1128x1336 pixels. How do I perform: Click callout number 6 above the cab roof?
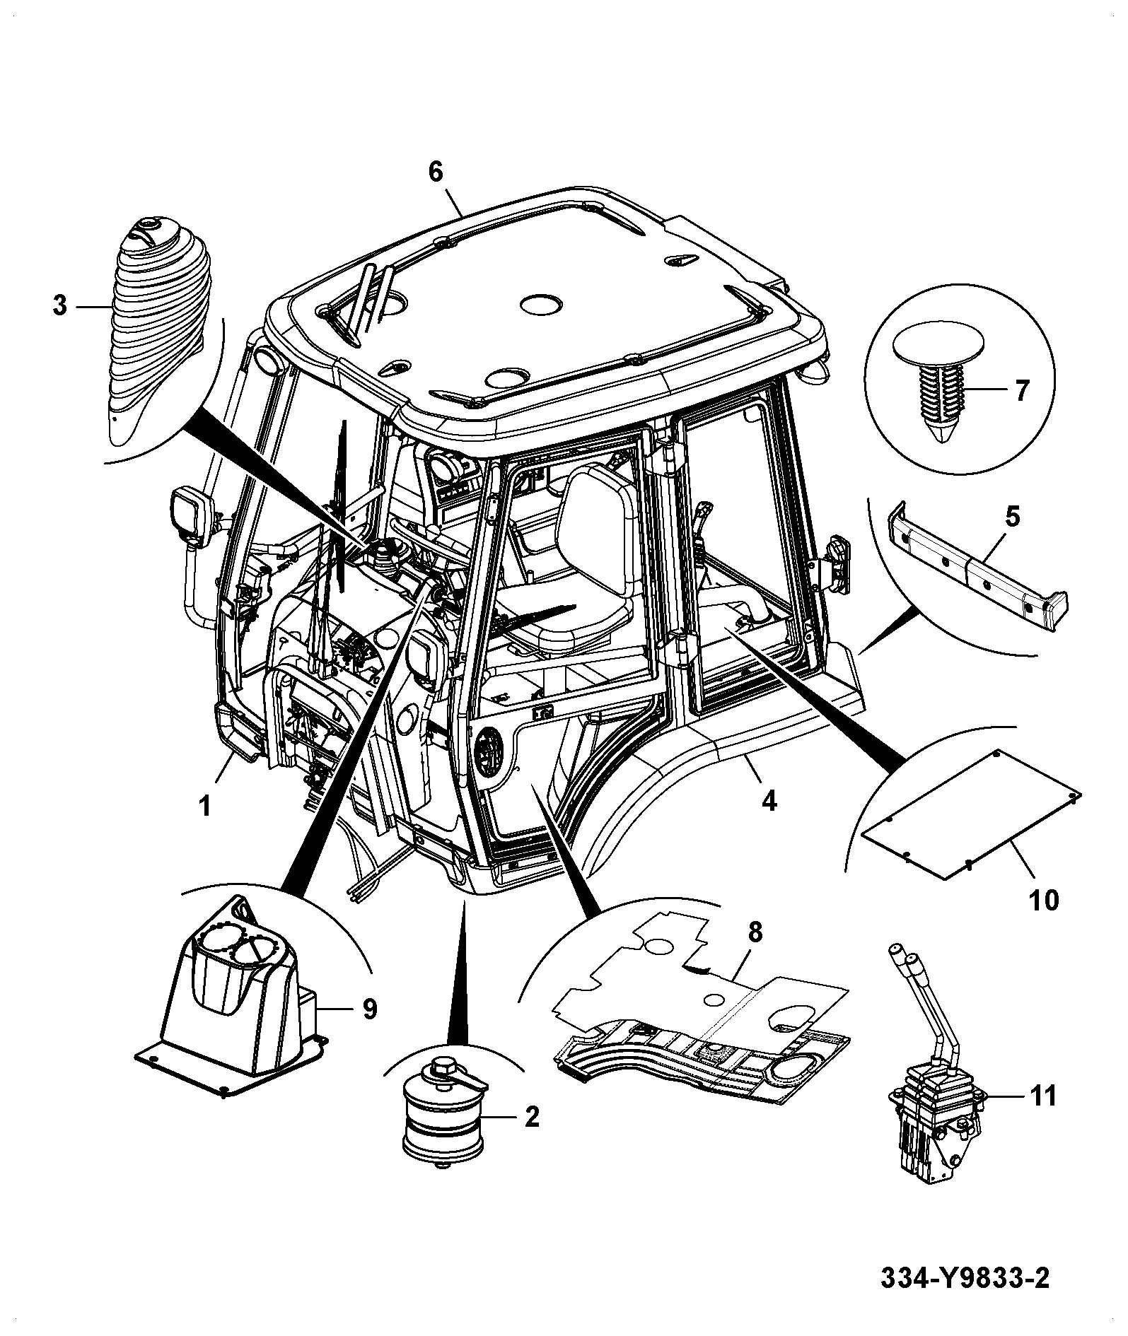[x=435, y=171]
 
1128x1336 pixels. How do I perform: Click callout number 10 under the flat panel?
[x=1045, y=900]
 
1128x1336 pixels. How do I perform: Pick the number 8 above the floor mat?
[x=755, y=932]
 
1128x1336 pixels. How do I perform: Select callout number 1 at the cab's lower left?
[x=205, y=806]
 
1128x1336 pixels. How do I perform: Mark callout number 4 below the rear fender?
[x=769, y=801]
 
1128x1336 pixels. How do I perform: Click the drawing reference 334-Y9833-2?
[x=965, y=1278]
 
